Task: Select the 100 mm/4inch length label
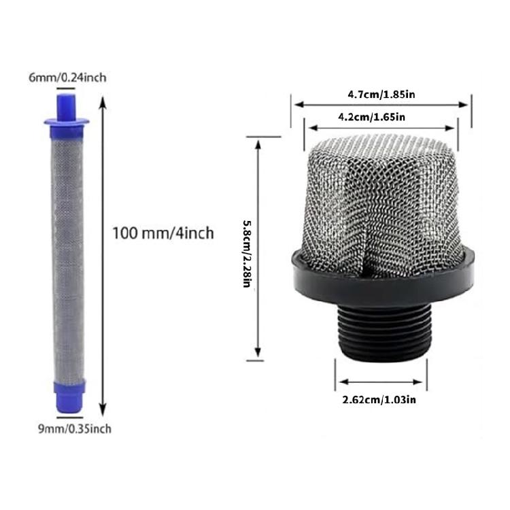163,233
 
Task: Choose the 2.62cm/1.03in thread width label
379,400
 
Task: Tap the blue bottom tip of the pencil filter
68,393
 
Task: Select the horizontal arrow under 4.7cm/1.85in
381,105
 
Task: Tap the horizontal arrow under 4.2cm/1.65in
380,127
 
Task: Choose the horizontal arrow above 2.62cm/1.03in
381,381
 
